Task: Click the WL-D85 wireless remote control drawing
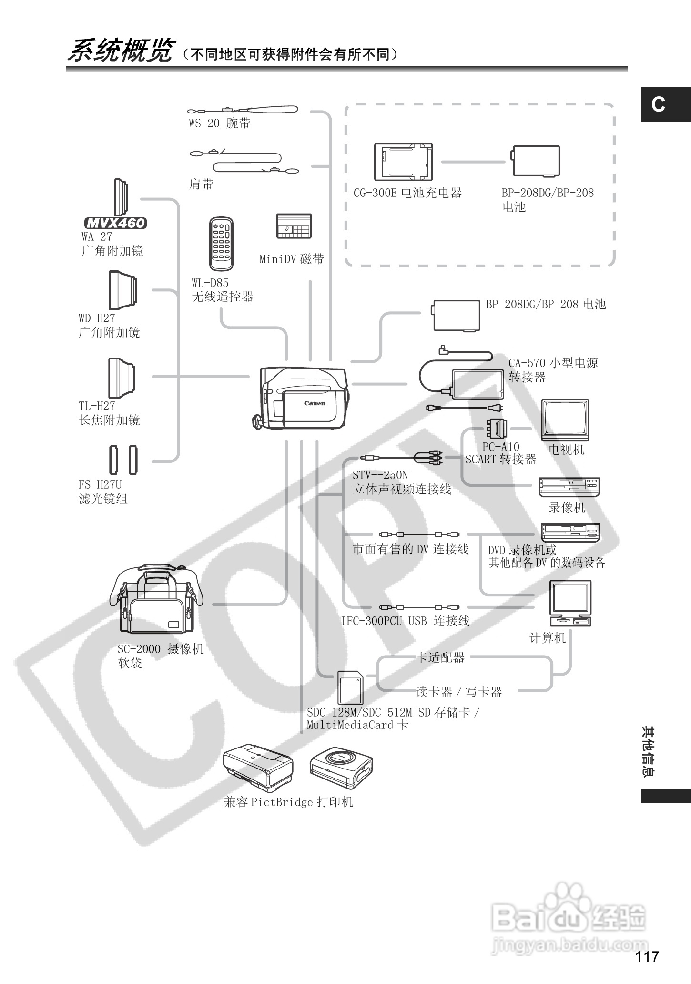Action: (222, 244)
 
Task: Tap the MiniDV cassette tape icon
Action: (294, 226)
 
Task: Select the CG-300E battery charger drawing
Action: (403, 162)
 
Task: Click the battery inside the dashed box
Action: (536, 161)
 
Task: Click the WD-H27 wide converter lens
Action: (123, 290)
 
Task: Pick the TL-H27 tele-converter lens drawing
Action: (122, 378)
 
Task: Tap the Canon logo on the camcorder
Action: (315, 403)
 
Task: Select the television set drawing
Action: (565, 420)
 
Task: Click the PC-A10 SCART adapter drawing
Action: (496, 428)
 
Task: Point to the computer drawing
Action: (570, 603)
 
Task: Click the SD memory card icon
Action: (350, 687)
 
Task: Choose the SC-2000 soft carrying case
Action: (157, 600)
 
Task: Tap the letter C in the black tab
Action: (658, 104)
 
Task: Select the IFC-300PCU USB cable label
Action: (405, 621)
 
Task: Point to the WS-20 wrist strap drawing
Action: (243, 110)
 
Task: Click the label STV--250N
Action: (380, 475)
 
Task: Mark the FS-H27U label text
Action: (100, 485)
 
